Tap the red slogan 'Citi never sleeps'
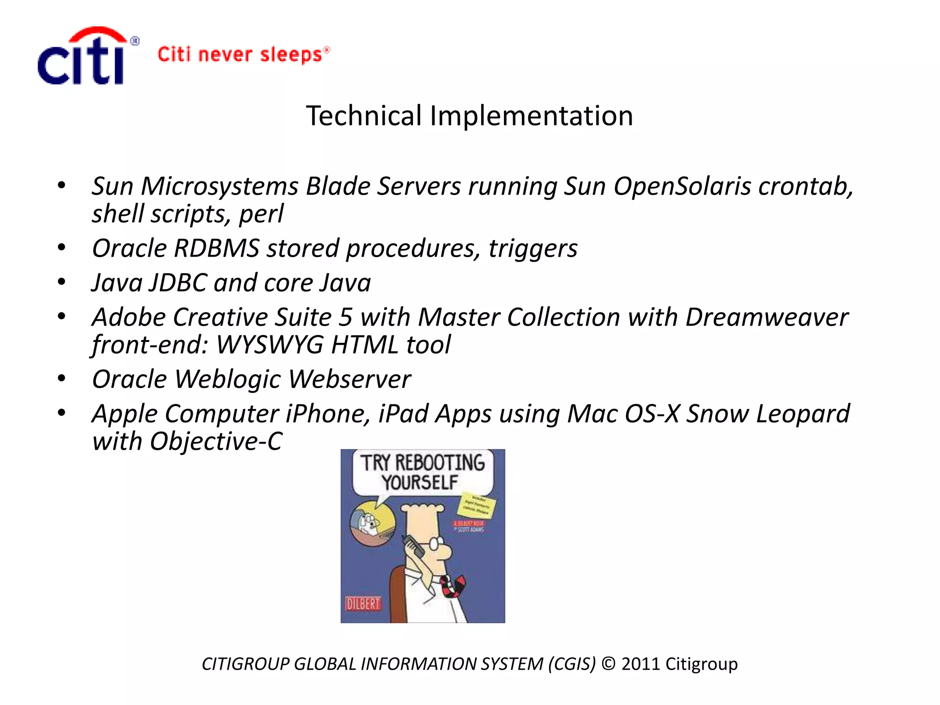coord(243,55)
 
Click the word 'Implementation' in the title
coord(531,116)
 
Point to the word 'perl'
coord(261,214)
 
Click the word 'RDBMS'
coord(217,248)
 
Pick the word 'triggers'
coord(532,249)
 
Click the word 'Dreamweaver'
coord(767,317)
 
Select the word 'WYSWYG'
coord(269,345)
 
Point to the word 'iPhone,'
coord(328,414)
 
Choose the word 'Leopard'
coord(803,414)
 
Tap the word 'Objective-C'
coord(216,442)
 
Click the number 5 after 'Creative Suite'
coord(346,317)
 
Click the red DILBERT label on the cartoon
coord(363,604)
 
